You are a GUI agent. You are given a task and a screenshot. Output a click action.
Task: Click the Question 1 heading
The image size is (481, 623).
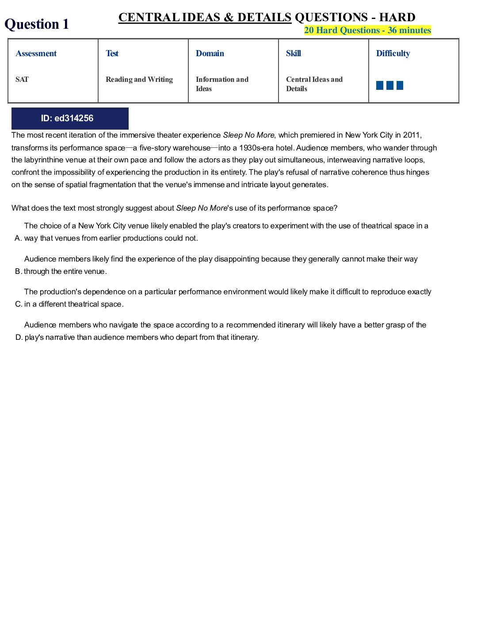click(37, 24)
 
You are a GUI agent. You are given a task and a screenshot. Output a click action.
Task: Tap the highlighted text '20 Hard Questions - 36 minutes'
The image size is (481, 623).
click(367, 31)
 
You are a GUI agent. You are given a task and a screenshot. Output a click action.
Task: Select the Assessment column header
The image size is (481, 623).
click(36, 54)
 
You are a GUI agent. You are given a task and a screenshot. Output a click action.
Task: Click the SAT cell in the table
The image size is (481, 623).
click(22, 80)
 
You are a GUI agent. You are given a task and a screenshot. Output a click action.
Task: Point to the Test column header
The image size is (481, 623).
click(112, 54)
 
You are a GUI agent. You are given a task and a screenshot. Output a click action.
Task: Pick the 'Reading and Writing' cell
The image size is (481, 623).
click(139, 80)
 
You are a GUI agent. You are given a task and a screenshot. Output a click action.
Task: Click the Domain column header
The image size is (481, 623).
click(210, 54)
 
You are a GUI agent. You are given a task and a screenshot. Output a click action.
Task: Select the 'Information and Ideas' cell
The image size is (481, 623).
click(222, 84)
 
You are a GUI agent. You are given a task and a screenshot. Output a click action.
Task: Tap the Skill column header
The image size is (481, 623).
click(294, 54)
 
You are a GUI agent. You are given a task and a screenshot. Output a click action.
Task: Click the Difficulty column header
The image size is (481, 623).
click(393, 54)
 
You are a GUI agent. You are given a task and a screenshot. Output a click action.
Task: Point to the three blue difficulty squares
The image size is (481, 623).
click(389, 85)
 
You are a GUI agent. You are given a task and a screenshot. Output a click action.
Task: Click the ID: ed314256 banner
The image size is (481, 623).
click(70, 119)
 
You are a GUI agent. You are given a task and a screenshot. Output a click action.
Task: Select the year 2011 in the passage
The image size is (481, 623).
click(412, 135)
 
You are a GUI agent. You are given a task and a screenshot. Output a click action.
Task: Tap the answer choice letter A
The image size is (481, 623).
click(18, 238)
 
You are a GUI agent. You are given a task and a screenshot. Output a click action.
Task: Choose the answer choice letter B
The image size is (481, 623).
click(18, 272)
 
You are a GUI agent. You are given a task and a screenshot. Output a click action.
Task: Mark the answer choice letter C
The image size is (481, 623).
click(18, 304)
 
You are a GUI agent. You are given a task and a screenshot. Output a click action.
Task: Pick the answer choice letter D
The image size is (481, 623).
click(19, 338)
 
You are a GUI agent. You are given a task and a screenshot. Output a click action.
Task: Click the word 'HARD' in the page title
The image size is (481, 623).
click(397, 17)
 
